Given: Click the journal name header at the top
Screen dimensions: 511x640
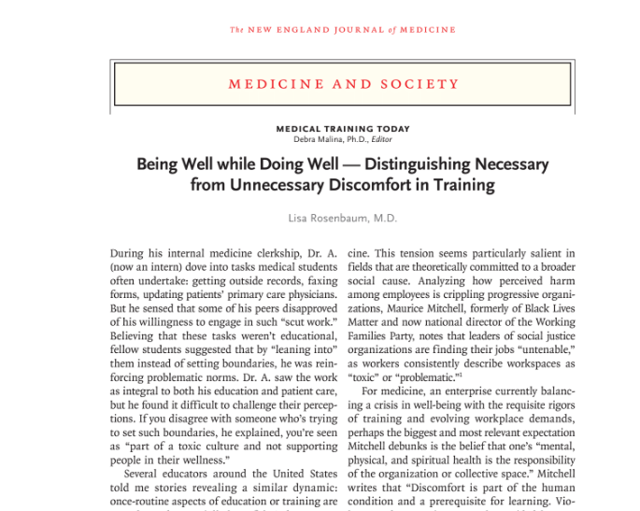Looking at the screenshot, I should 343,30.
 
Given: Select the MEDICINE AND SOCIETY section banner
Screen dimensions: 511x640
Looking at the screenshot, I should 343,84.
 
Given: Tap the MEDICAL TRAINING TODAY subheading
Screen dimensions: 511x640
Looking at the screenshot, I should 343,128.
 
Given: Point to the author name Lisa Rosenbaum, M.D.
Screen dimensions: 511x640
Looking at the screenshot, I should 343,219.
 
